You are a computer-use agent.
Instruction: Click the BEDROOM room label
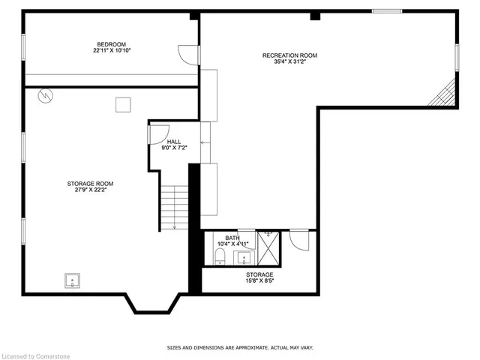[109, 44]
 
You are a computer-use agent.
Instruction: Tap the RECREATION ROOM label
[289, 55]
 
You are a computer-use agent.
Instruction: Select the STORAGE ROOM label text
[89, 183]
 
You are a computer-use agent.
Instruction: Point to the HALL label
[174, 142]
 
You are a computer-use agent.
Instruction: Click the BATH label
[232, 238]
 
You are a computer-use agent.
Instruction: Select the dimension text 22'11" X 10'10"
[109, 52]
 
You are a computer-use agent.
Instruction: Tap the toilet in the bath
[219, 257]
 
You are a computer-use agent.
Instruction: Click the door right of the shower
[298, 240]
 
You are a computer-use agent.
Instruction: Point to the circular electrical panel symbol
[46, 96]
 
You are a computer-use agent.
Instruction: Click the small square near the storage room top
[123, 105]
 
